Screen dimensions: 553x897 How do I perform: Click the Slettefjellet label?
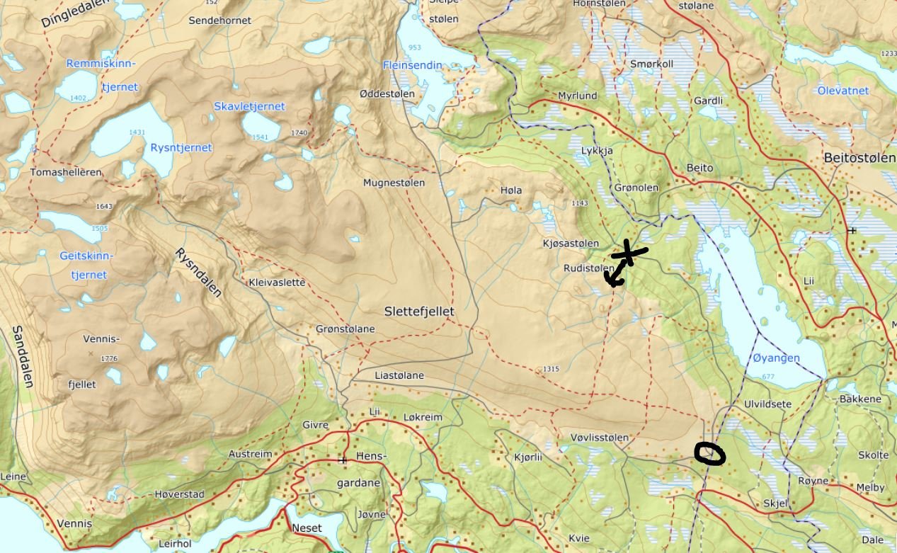(419, 312)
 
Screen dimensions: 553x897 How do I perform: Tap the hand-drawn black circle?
(709, 454)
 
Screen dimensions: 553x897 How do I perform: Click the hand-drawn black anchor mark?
(623, 263)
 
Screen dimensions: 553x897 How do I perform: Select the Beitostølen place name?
(859, 158)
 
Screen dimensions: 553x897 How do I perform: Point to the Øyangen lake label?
(775, 358)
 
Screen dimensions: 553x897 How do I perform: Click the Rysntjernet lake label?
(181, 148)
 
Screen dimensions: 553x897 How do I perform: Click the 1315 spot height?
(550, 370)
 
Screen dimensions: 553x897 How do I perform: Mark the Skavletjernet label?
(249, 106)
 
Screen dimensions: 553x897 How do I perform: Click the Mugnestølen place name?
(394, 183)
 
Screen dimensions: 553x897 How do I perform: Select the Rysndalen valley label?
(199, 273)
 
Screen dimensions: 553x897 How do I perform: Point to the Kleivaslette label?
(277, 283)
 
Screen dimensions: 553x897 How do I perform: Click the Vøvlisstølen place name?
(599, 438)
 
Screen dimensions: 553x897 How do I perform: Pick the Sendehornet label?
(219, 21)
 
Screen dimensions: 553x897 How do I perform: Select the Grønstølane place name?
(345, 329)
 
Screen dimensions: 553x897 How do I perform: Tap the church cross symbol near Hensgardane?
(343, 460)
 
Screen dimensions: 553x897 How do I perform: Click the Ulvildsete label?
(767, 404)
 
